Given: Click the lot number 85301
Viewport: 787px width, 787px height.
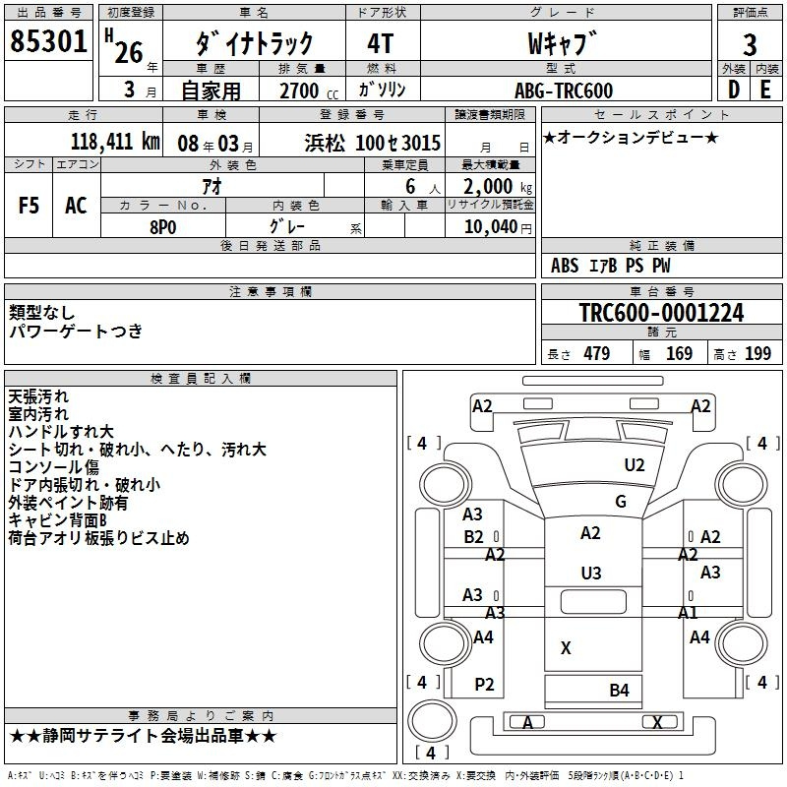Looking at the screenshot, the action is tap(48, 41).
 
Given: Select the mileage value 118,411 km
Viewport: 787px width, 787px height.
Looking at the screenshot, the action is tap(115, 142).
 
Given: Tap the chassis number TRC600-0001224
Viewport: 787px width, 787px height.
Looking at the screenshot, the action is tap(661, 313).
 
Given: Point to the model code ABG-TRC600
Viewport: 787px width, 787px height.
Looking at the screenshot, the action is tap(564, 91).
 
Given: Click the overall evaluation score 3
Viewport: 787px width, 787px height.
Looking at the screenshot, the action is tap(750, 45).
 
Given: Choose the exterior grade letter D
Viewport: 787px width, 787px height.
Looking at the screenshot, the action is tap(733, 90).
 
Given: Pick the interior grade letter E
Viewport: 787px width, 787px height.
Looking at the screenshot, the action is tap(765, 90).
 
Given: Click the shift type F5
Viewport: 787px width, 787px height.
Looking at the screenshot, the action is tap(29, 206).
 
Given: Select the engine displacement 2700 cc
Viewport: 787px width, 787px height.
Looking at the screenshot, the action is tap(309, 91).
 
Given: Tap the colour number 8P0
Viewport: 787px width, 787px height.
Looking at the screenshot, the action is tap(163, 227).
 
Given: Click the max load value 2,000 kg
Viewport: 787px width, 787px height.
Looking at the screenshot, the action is tap(498, 187).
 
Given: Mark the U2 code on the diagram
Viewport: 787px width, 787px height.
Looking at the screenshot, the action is tap(635, 465).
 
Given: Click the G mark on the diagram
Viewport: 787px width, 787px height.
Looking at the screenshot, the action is tap(621, 502).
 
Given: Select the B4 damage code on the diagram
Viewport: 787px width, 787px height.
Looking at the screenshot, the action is tap(620, 691).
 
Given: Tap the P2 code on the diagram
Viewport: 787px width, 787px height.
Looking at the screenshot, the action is tap(484, 685).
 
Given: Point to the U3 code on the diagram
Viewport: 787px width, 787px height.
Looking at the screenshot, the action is tap(591, 574).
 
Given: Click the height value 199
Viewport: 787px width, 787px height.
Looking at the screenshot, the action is tap(757, 354).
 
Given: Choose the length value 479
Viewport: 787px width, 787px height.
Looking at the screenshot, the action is tap(597, 354).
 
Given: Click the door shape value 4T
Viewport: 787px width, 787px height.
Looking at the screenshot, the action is tap(381, 44).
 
